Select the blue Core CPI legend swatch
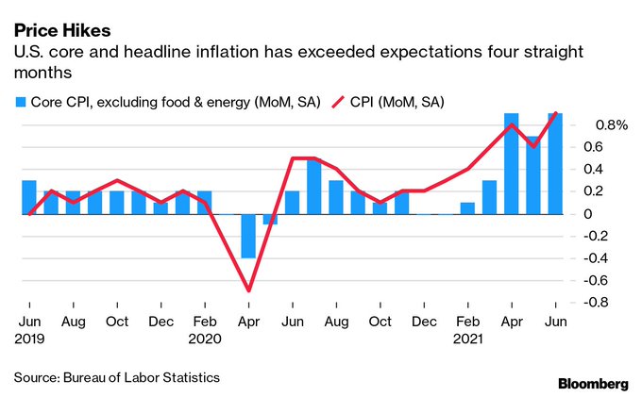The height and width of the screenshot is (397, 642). [19, 100]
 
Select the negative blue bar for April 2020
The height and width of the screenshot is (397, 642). [248, 236]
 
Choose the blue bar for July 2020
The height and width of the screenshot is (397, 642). [314, 186]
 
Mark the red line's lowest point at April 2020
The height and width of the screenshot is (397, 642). [248, 290]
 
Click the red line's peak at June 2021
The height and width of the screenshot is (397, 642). [555, 113]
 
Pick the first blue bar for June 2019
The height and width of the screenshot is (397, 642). [28, 197]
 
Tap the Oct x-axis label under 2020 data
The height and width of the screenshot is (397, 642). [380, 321]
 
